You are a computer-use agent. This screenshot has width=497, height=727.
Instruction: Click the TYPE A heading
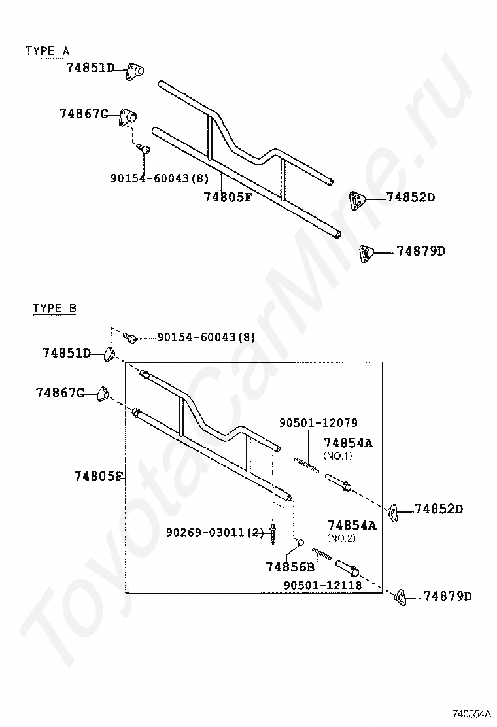pyautogui.click(x=47, y=51)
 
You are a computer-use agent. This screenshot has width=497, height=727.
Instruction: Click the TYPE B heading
pyautogui.click(x=55, y=309)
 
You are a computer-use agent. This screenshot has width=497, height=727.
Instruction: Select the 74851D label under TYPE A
pyautogui.click(x=90, y=67)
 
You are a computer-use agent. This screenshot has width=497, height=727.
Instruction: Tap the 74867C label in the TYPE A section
pyautogui.click(x=83, y=114)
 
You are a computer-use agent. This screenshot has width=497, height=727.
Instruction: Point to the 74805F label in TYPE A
pyautogui.click(x=228, y=197)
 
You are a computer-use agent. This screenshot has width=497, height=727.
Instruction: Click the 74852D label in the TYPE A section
pyautogui.click(x=410, y=197)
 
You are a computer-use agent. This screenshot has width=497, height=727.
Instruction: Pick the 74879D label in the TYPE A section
pyautogui.click(x=420, y=251)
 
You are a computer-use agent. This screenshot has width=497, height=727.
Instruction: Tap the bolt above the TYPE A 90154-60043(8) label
pyautogui.click(x=145, y=150)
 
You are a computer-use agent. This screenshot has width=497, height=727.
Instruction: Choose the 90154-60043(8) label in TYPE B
pyautogui.click(x=205, y=337)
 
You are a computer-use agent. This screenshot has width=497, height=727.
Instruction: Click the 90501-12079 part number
pyautogui.click(x=318, y=423)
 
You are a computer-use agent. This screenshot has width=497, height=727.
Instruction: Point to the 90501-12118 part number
pyautogui.click(x=322, y=585)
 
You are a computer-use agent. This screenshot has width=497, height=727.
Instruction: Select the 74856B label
pyautogui.click(x=290, y=567)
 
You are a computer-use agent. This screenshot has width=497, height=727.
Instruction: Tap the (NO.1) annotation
pyautogui.click(x=337, y=455)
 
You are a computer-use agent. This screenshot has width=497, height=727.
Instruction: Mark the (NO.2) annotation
pyautogui.click(x=341, y=538)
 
